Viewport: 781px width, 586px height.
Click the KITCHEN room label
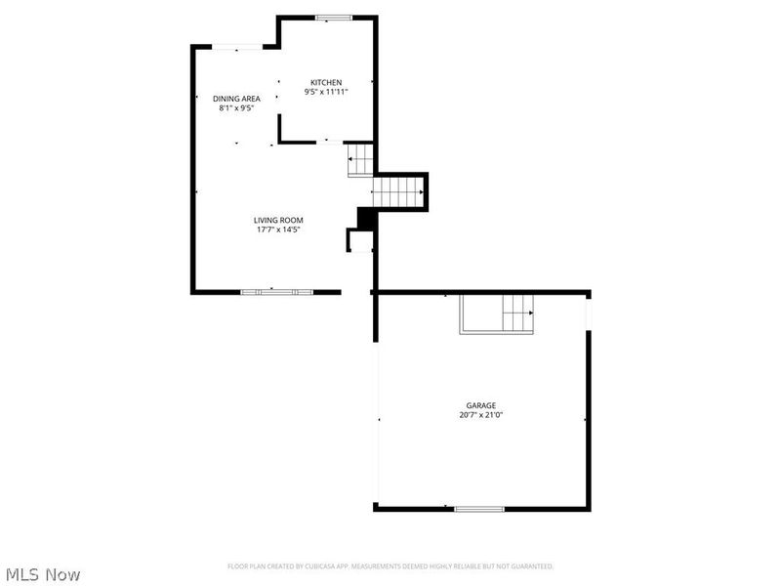(326, 82)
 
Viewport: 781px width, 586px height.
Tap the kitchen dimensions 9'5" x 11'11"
(326, 92)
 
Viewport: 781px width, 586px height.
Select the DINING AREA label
(236, 99)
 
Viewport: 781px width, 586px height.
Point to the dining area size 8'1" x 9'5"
(236, 108)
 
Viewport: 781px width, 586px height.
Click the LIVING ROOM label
(278, 221)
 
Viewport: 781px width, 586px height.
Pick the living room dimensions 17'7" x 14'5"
(278, 230)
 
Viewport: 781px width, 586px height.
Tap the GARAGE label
(480, 405)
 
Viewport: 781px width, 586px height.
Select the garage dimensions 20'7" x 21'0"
(480, 415)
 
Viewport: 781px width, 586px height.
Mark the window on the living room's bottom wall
(277, 291)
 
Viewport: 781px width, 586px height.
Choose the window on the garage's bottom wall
(479, 508)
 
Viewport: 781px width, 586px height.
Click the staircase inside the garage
(498, 314)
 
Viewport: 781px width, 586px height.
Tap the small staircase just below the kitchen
(361, 159)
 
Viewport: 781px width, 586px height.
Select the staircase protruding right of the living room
(399, 191)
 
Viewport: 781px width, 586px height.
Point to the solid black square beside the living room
(366, 219)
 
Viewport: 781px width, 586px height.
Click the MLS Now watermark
(42, 574)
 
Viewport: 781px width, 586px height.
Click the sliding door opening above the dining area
(237, 46)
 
